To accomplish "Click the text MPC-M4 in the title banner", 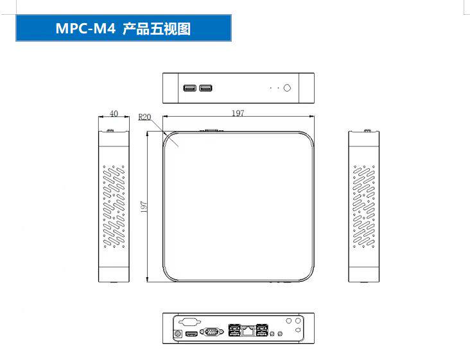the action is pos(83,29).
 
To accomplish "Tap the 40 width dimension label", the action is pos(114,114).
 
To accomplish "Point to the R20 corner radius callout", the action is pos(144,117).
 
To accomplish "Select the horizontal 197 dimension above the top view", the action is pos(238,114).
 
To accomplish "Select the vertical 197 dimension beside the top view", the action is pos(144,207).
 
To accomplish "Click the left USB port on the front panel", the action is pos(190,88).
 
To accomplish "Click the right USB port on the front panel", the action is pos(205,88).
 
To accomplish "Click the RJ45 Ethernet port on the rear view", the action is pos(248,331).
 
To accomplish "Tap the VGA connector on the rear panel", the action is pos(210,332).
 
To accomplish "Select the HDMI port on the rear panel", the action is pos(192,334).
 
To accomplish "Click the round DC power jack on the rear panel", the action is pos(177,333).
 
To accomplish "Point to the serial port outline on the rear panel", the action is pos(188,321).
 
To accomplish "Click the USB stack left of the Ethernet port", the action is pos(232,330).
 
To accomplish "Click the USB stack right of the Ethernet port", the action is pos(262,330).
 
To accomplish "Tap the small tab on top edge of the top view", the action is pos(209,131).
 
